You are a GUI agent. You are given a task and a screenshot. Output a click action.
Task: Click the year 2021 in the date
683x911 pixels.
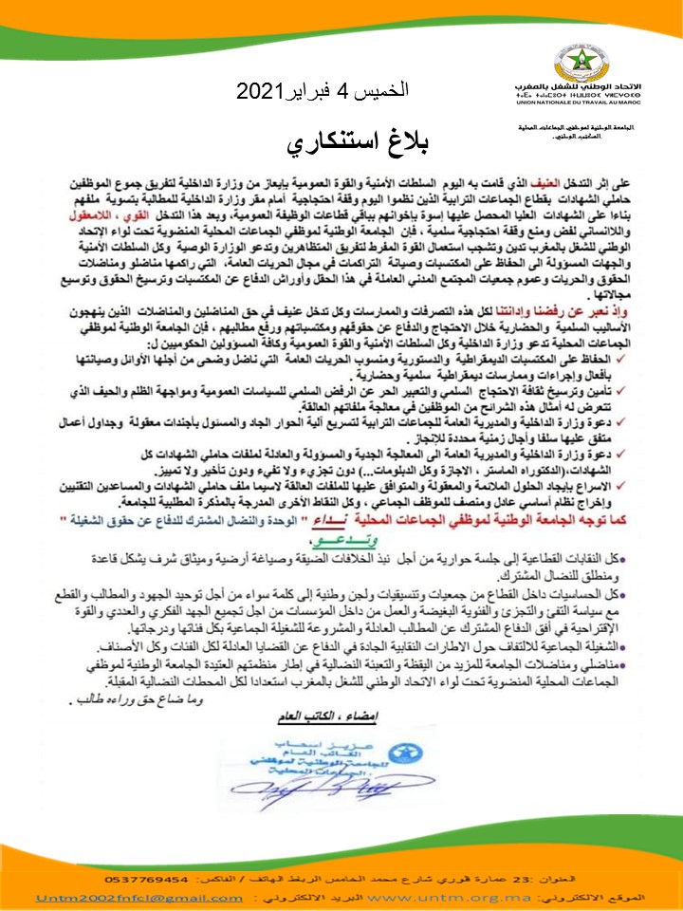click(x=260, y=93)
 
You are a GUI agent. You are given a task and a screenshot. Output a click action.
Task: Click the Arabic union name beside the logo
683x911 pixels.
click(x=597, y=85)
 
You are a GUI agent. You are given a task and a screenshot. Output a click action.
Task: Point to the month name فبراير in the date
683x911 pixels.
click(x=319, y=93)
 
